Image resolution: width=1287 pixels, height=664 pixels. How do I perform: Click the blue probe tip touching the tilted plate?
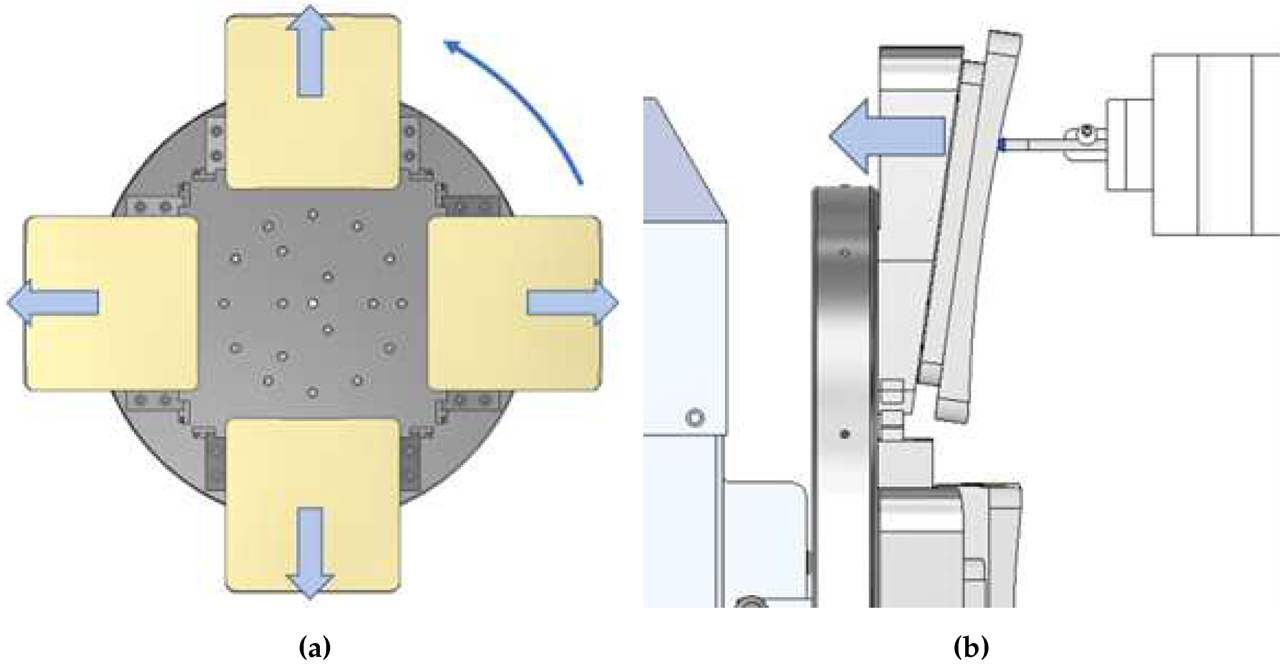click(x=1002, y=145)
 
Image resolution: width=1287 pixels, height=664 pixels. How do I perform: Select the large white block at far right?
click(x=1219, y=145)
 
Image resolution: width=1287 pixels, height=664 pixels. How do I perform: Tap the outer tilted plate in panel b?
click(x=979, y=225)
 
